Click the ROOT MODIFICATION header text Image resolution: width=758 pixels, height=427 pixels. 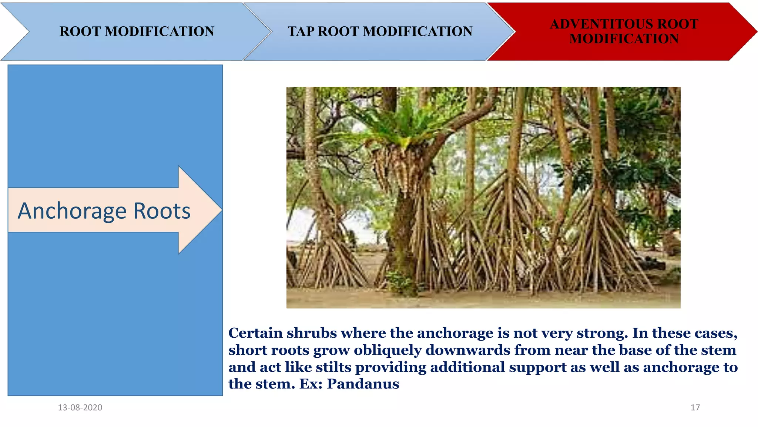[137, 32]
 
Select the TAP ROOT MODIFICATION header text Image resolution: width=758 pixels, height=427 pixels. [380, 32]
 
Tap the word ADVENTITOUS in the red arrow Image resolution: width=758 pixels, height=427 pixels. [596, 24]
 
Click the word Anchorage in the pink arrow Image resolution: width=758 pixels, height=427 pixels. [72, 211]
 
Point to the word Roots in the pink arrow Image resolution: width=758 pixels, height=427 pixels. [162, 211]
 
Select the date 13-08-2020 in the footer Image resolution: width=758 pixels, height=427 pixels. [80, 407]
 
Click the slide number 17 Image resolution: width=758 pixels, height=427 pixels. [695, 407]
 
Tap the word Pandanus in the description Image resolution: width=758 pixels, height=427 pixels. [363, 384]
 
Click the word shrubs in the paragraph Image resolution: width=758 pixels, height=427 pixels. [312, 333]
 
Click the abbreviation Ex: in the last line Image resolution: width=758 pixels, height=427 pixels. [311, 384]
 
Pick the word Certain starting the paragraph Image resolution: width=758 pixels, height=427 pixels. [255, 333]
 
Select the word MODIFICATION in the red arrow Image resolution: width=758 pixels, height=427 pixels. [624, 39]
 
